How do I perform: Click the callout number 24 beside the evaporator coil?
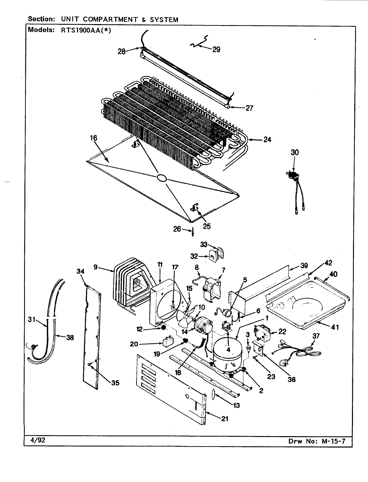[267, 140]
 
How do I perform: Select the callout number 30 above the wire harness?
[295, 152]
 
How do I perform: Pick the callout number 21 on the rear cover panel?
[225, 418]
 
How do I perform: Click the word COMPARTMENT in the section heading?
[107, 19]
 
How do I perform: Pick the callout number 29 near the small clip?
[216, 50]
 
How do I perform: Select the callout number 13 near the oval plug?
[236, 405]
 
